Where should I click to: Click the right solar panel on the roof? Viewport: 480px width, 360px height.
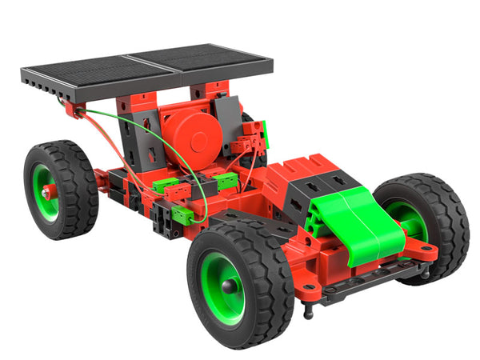[200, 59]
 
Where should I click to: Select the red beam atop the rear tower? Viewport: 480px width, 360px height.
[140, 104]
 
